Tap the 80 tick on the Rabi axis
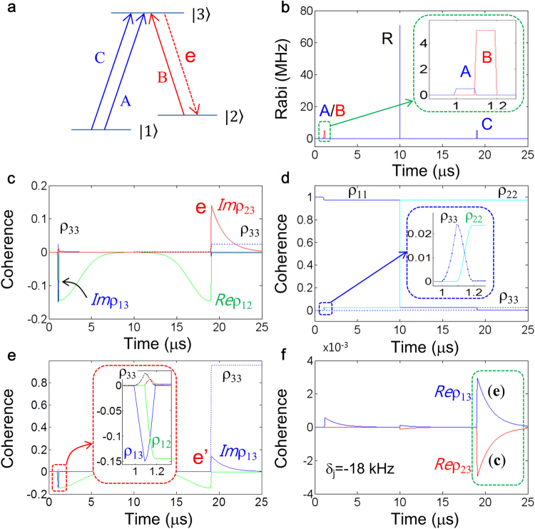305,11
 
